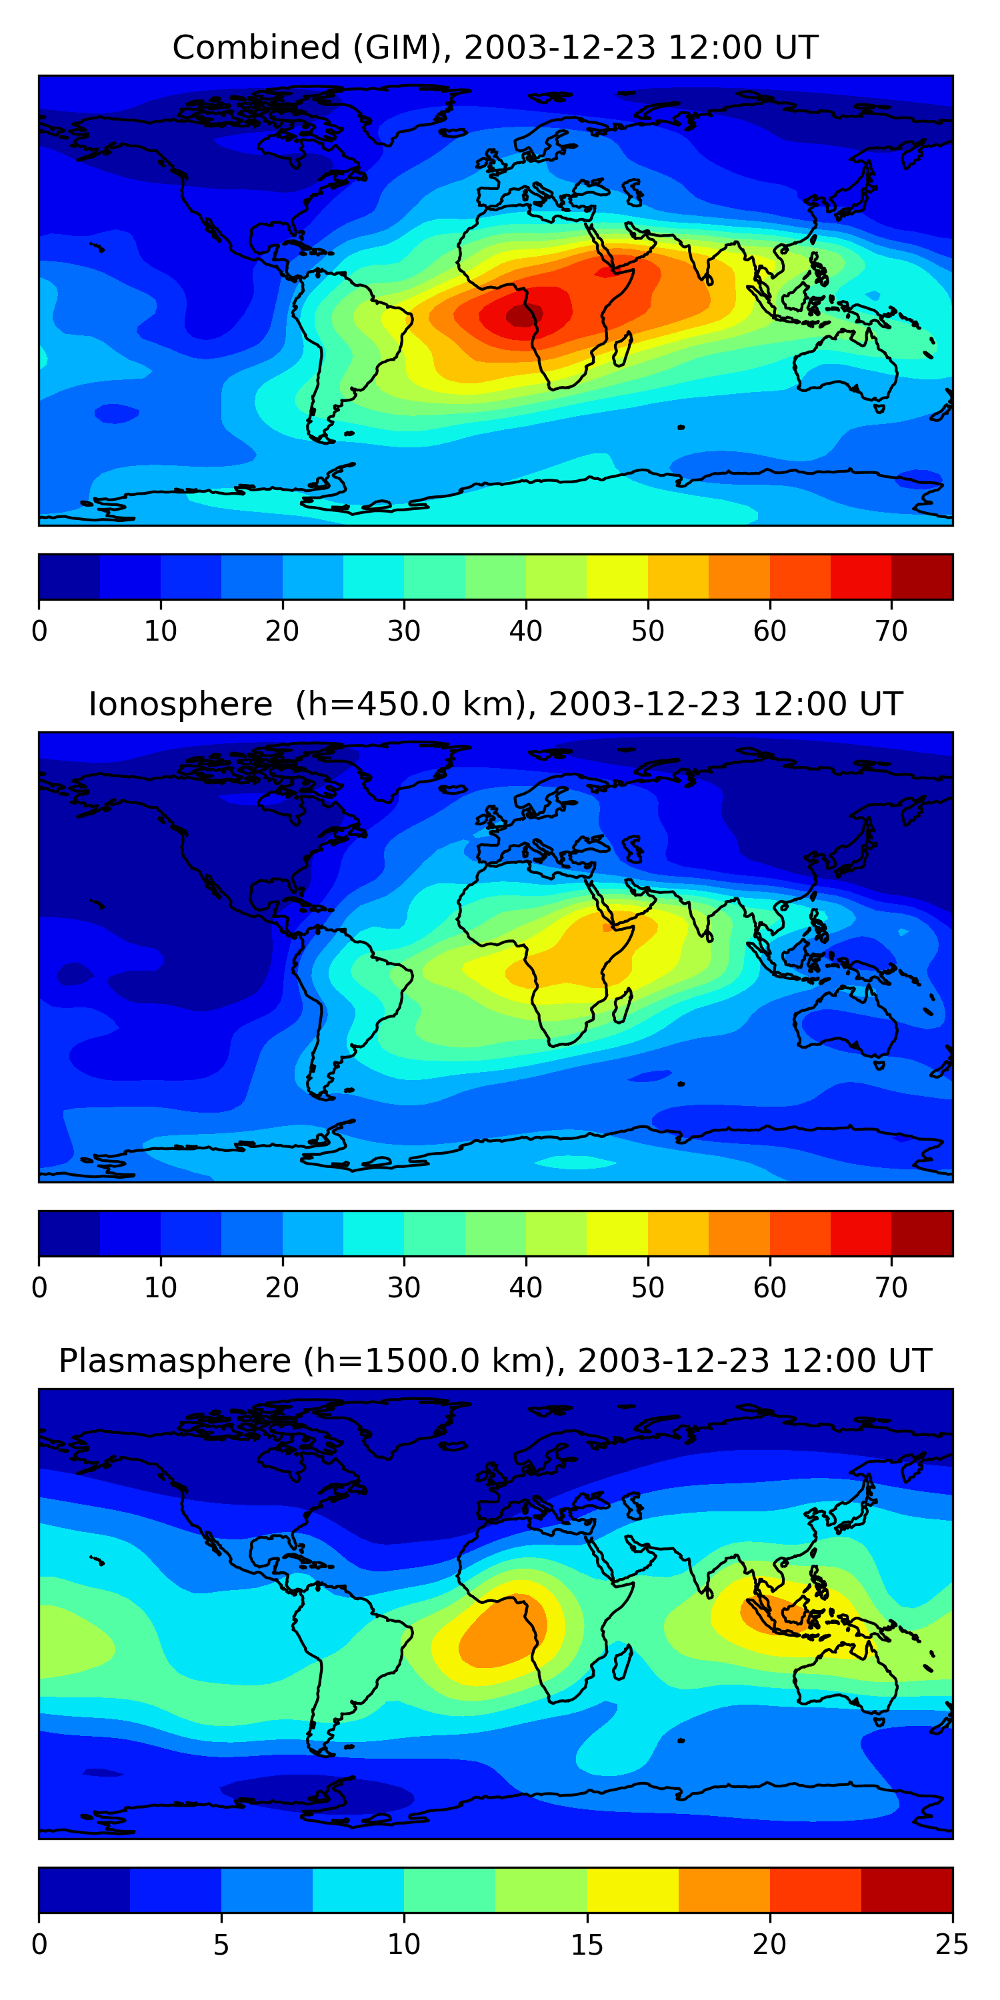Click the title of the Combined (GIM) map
pyautogui.click(x=495, y=47)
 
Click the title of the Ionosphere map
pyautogui.click(x=495, y=704)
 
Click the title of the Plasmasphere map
pyautogui.click(x=495, y=1361)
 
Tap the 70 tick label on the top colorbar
pyautogui.click(x=891, y=631)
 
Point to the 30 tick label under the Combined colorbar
pyautogui.click(x=404, y=631)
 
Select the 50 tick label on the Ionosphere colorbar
pyautogui.click(x=647, y=1288)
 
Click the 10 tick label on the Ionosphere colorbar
pyautogui.click(x=161, y=1288)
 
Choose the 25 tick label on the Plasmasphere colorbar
pyautogui.click(x=951, y=1944)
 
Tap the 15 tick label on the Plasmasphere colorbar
pyautogui.click(x=587, y=1944)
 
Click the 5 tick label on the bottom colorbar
pyautogui.click(x=221, y=1944)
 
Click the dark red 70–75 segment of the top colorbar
pyautogui.click(x=921, y=577)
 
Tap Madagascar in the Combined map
pyautogui.click(x=623, y=349)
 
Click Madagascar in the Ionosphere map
pyautogui.click(x=623, y=1006)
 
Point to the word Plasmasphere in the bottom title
pyautogui.click(x=175, y=1361)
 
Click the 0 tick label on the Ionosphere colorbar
pyautogui.click(x=39, y=1288)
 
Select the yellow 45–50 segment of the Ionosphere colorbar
pyautogui.click(x=617, y=1233)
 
